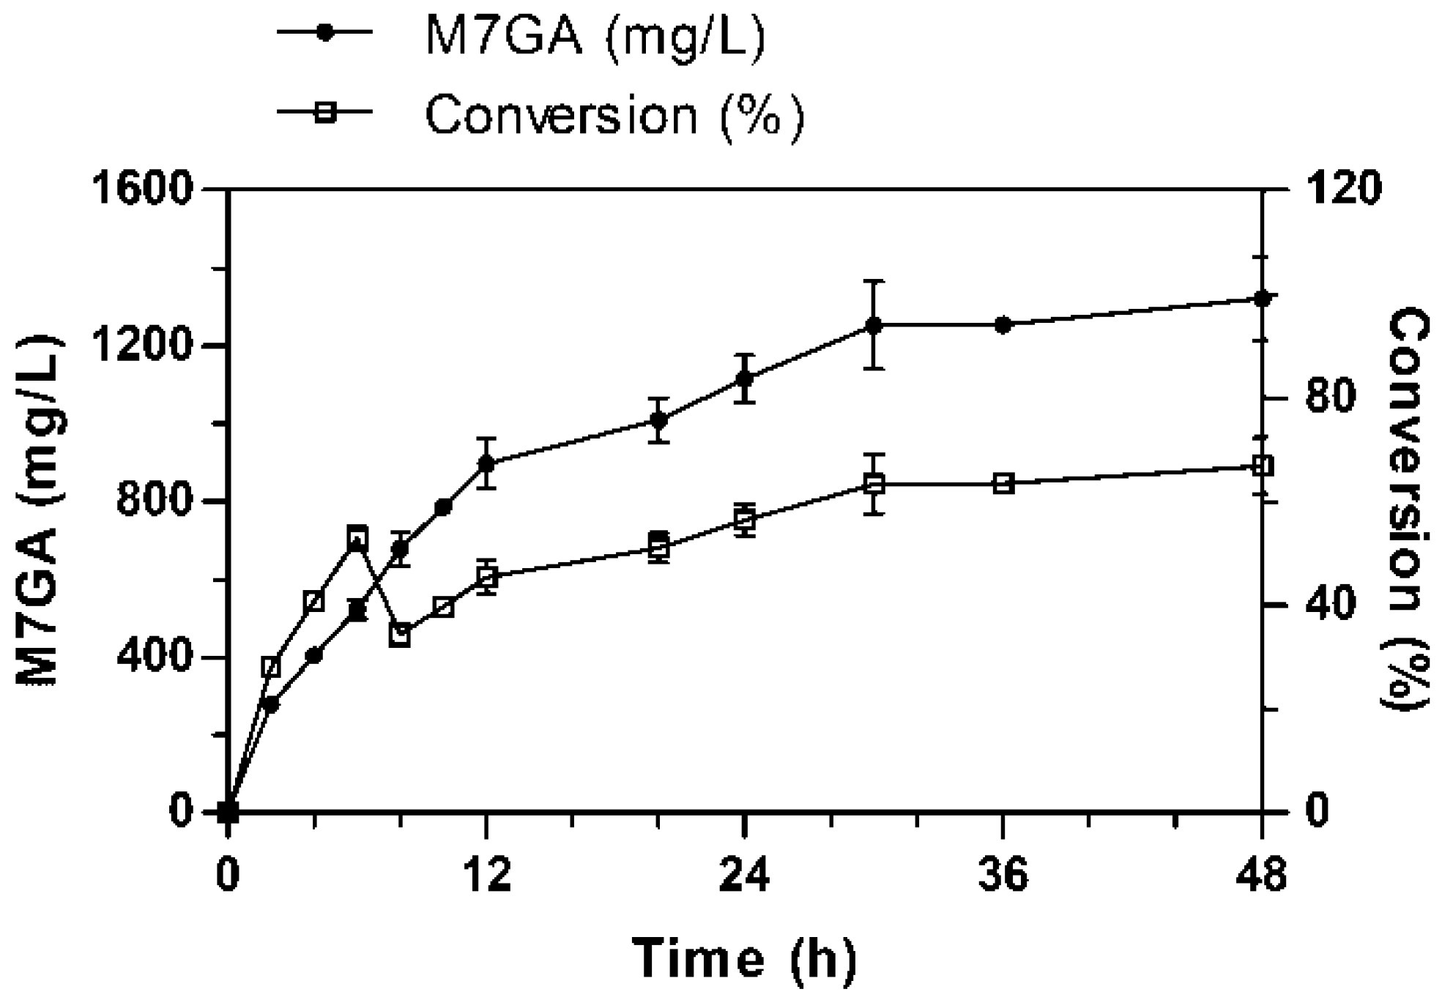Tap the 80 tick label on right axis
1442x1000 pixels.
[1330, 397]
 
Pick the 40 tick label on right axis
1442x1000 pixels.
[1330, 604]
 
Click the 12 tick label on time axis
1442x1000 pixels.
[486, 876]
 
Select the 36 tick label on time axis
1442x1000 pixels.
[1003, 876]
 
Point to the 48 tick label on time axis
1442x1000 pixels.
[1261, 876]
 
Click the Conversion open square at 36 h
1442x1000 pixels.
[1003, 483]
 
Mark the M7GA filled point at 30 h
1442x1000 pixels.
[874, 324]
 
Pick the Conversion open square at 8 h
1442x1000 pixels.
[400, 635]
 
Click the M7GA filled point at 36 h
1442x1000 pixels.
[1003, 325]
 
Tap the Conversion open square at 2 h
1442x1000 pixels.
[271, 667]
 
